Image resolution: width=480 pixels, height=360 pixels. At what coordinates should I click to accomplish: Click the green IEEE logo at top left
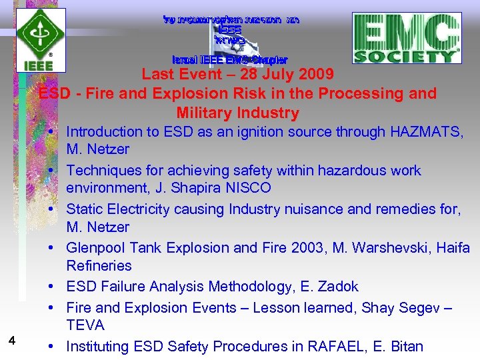click(41, 39)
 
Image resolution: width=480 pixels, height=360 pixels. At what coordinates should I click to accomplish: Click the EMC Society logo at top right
click(407, 38)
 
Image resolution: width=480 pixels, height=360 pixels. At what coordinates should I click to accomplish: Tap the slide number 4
click(12, 341)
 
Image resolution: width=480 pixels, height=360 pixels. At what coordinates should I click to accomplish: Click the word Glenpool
click(96, 248)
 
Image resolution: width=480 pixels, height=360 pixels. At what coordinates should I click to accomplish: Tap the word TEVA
click(85, 325)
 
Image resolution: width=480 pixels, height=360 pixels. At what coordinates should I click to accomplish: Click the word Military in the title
click(205, 113)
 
